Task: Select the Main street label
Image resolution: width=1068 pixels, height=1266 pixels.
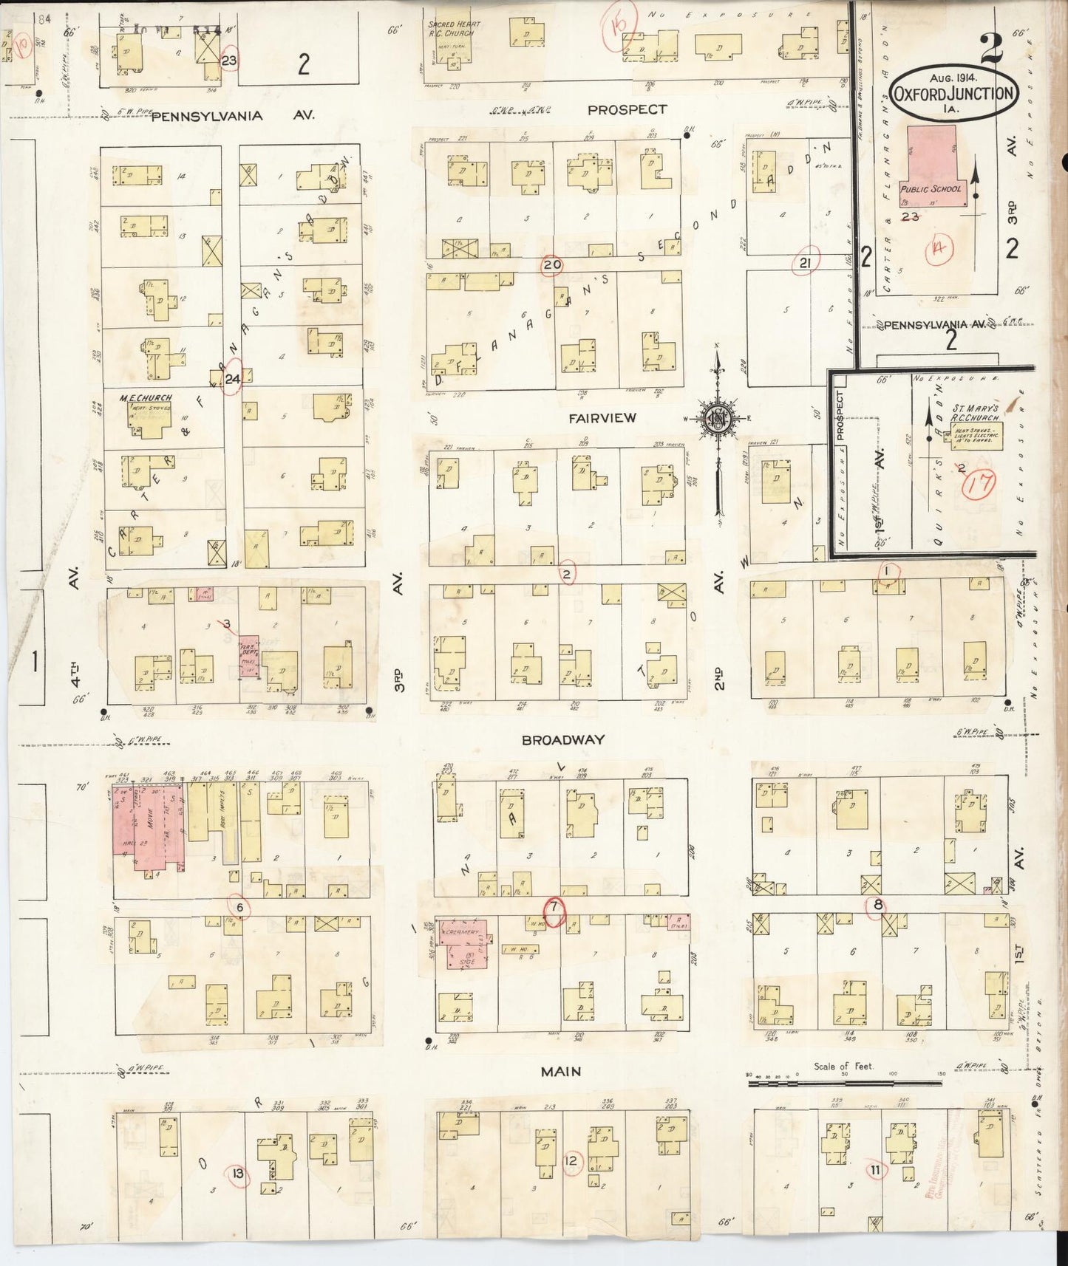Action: pos(560,1072)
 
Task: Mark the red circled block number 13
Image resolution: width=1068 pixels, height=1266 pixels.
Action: pos(238,1174)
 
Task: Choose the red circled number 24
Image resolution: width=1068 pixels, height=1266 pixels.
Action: pos(233,380)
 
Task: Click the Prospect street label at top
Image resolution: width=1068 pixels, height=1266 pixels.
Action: pos(627,109)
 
